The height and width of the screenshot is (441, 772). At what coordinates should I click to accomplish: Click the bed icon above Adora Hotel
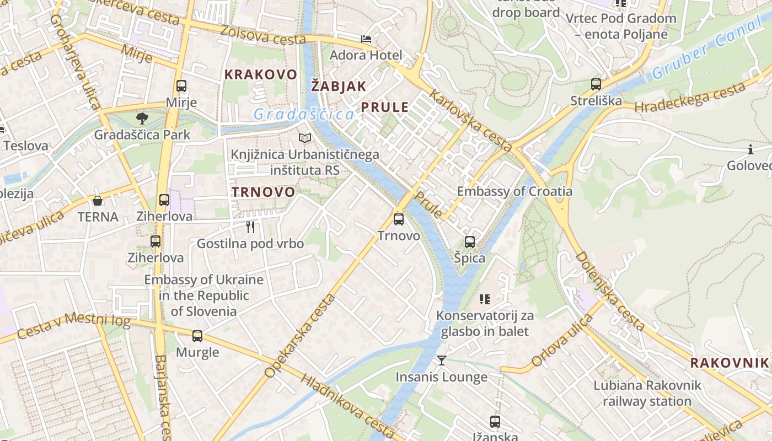[366, 39]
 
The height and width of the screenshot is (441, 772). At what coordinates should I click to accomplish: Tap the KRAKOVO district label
[261, 74]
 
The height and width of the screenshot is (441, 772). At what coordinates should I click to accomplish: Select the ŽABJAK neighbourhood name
[339, 86]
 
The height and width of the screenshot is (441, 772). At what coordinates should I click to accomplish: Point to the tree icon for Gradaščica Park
[142, 118]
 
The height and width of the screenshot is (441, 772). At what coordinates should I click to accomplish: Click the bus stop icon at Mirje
[181, 86]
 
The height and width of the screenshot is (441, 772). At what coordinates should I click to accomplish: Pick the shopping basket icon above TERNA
[98, 201]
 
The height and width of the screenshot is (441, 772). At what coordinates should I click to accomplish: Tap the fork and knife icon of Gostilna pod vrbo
[250, 227]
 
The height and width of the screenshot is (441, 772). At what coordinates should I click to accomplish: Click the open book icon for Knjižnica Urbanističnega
[305, 138]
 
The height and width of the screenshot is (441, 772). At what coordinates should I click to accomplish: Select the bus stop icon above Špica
[470, 241]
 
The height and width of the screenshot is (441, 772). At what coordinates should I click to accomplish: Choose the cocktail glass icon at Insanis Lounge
[442, 361]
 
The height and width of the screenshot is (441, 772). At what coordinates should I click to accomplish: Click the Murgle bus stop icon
[197, 336]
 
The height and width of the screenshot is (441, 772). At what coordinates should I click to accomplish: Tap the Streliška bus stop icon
[596, 84]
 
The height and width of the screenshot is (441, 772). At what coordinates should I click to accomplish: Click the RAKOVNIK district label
[729, 363]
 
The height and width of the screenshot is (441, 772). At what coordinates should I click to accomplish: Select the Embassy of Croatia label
[514, 191]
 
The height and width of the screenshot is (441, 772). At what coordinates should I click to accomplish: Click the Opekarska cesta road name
[300, 336]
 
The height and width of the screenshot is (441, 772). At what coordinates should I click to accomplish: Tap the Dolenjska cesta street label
[610, 291]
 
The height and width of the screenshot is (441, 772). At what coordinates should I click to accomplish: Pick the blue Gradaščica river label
[303, 114]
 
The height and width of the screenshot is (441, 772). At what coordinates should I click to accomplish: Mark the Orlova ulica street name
[561, 341]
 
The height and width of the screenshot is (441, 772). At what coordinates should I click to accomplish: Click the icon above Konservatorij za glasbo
[484, 299]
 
